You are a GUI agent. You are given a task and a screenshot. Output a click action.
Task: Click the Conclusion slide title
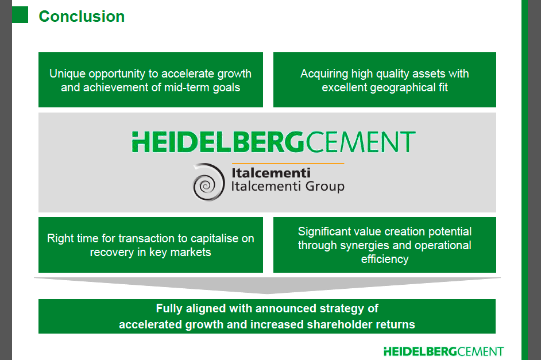pyautogui.click(x=82, y=17)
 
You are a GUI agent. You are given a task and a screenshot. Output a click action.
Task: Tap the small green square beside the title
pyautogui.click(x=20, y=15)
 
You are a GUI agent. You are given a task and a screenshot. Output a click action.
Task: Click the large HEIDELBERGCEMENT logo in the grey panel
pyautogui.click(x=273, y=142)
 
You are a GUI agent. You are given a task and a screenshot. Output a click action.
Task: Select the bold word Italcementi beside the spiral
pyautogui.click(x=271, y=173)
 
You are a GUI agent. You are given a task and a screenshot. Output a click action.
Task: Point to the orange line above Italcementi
pyautogui.click(x=288, y=164)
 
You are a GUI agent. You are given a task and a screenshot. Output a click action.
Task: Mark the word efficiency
pyautogui.click(x=385, y=260)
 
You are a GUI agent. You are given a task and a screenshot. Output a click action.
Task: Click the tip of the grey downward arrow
pyautogui.click(x=268, y=294)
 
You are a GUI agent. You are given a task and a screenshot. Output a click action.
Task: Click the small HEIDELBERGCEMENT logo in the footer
pyautogui.click(x=443, y=351)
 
